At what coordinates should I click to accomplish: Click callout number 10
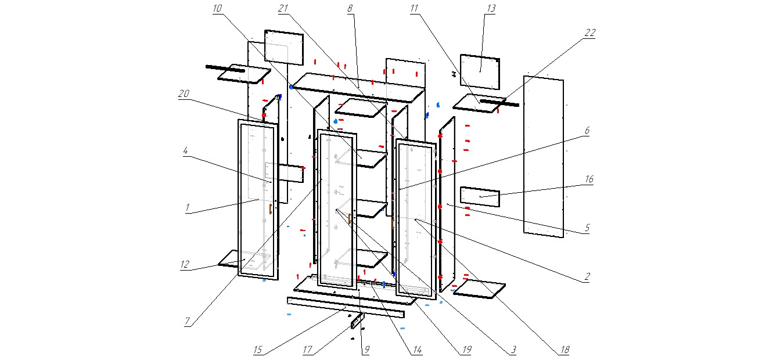pyautogui.click(x=217, y=9)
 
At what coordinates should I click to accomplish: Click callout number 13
pyautogui.click(x=491, y=9)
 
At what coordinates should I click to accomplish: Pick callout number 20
pyautogui.click(x=184, y=93)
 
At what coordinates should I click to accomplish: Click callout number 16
pyautogui.click(x=589, y=180)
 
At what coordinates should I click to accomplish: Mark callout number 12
pyautogui.click(x=185, y=265)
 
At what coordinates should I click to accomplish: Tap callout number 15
pyautogui.click(x=258, y=350)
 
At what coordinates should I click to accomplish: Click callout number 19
pyautogui.click(x=466, y=350)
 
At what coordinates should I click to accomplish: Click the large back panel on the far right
pyautogui.click(x=544, y=157)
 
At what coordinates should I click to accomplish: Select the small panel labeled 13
pyautogui.click(x=480, y=72)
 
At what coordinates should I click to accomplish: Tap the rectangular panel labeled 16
pyautogui.click(x=480, y=197)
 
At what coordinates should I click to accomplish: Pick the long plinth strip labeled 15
pyautogui.click(x=345, y=307)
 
